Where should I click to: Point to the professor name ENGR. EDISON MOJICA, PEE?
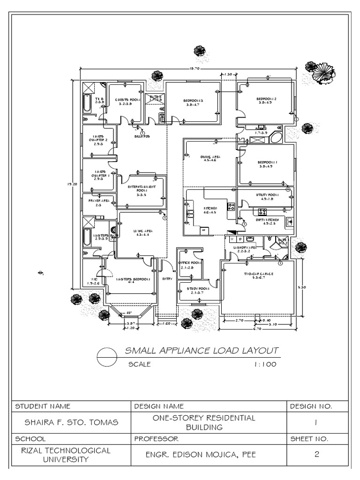208,455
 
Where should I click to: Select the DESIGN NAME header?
159,406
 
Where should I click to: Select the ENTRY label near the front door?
167,279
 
